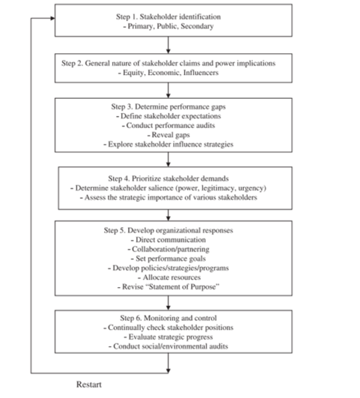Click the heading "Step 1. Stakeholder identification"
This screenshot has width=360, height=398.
point(169,16)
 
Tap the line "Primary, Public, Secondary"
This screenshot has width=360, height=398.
point(170,26)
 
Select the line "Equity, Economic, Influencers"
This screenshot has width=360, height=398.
point(170,73)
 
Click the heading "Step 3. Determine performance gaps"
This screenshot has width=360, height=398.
point(169,106)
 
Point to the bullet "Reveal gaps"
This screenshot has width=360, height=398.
point(171,135)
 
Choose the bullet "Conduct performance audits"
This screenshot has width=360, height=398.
point(170,125)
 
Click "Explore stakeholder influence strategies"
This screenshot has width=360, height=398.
point(171,144)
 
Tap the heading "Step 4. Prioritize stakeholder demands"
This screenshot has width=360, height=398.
point(169,178)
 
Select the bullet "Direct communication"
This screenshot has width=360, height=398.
point(171,240)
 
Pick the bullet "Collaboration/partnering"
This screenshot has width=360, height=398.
point(171,250)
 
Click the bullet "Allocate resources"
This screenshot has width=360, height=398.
point(172,277)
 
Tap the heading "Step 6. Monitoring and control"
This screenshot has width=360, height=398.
point(169,318)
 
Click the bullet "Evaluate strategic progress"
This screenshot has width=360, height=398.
point(171,337)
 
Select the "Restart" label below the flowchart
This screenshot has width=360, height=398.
point(89,385)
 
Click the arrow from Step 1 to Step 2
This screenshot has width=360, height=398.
point(168,45)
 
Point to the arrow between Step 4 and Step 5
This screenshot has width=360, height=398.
point(168,215)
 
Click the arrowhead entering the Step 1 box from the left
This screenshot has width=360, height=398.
point(52,18)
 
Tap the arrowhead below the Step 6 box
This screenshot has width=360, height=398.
point(168,371)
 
